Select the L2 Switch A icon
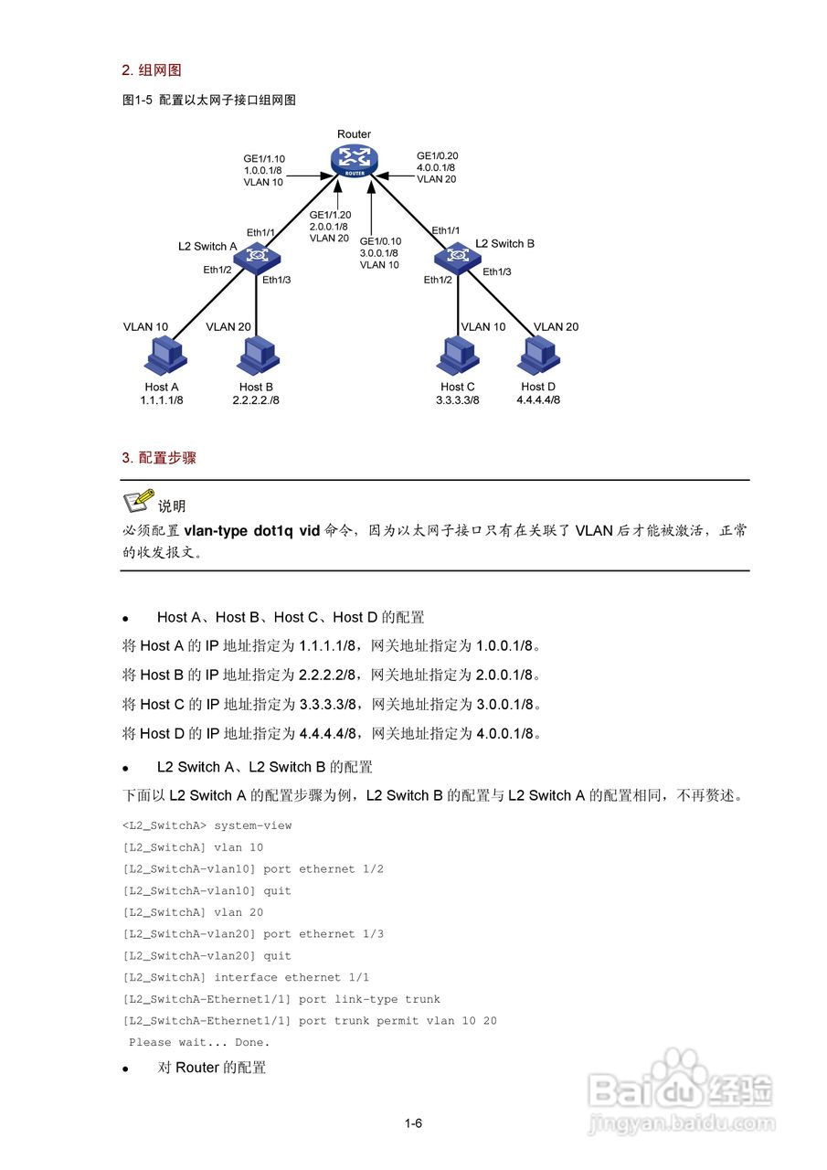click(x=260, y=256)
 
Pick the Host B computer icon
click(x=256, y=356)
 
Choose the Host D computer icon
click(x=539, y=356)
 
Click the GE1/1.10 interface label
click(x=264, y=157)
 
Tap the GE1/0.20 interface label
click(x=438, y=155)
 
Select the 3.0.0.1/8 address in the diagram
click(x=379, y=253)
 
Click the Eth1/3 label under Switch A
click(x=276, y=280)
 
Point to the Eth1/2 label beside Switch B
click(x=438, y=280)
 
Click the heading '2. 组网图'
click(x=152, y=69)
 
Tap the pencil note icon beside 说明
click(x=138, y=501)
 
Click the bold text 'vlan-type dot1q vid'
click(x=252, y=530)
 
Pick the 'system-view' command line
click(x=207, y=825)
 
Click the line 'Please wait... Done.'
click(x=199, y=1042)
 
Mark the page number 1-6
click(x=413, y=1123)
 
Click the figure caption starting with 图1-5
click(x=209, y=101)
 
